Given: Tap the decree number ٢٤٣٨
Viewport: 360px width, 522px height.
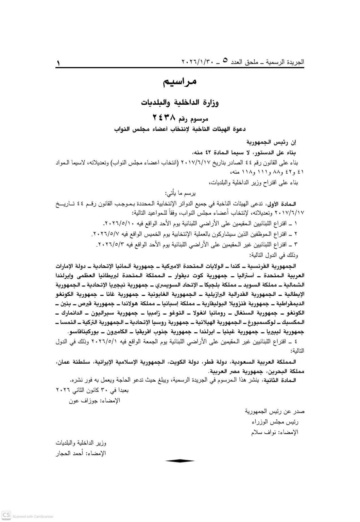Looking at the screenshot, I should pos(165,118).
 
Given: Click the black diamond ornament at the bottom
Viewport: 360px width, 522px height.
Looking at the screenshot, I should pos(180,461).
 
